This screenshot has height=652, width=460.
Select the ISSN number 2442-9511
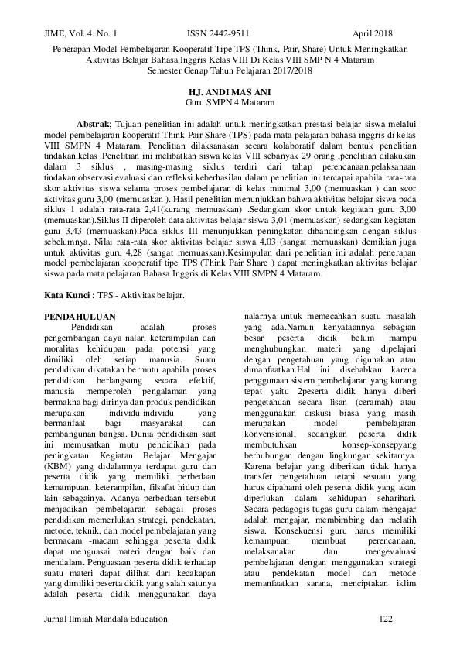coord(219,34)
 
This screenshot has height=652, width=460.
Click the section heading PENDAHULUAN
coord(80,295)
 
